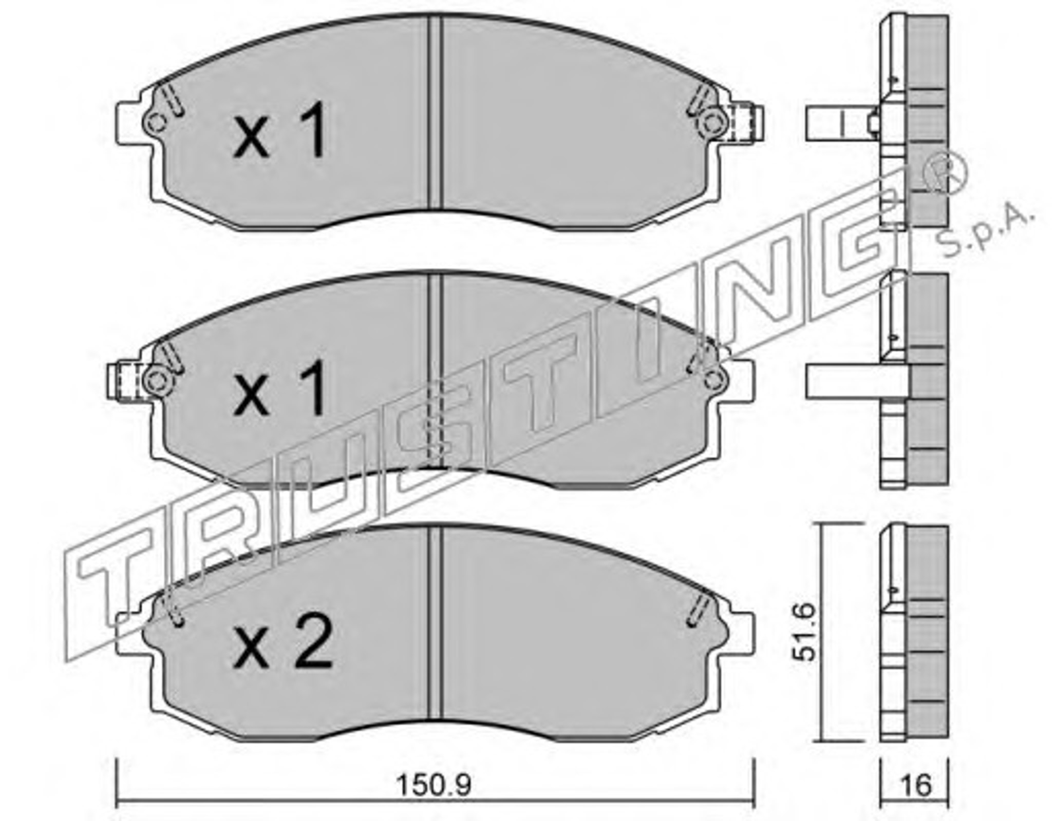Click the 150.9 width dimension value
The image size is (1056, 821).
click(x=433, y=786)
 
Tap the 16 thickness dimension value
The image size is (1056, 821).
click(x=916, y=785)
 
